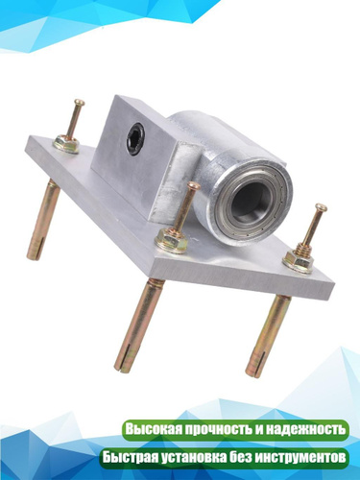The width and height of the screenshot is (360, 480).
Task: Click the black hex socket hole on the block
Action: click(135, 139)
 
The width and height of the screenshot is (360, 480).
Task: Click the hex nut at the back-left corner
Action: click(66, 144)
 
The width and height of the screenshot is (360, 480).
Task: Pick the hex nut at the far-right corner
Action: click(298, 260)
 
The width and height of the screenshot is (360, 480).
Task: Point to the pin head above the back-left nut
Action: click(79, 103)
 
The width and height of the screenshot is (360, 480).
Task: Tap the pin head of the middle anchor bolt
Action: click(194, 185)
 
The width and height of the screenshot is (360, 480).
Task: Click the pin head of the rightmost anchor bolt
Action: click(321, 207)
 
